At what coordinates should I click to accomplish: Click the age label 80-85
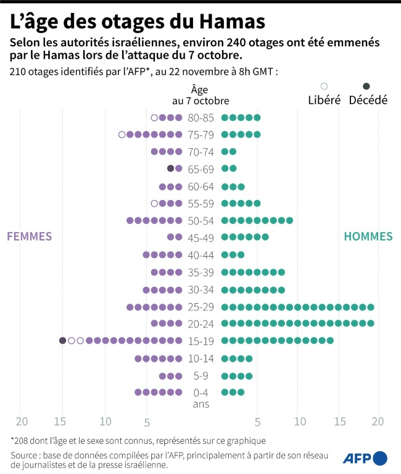click(x=201, y=117)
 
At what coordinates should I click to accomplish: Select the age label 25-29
click(x=201, y=307)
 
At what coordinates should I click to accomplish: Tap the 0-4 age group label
click(x=201, y=392)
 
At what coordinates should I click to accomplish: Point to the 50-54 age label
click(x=201, y=220)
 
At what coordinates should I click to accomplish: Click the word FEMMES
click(x=29, y=236)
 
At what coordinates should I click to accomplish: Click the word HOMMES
click(x=368, y=236)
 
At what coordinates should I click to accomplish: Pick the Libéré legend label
click(x=324, y=100)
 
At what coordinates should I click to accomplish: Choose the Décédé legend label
click(x=368, y=100)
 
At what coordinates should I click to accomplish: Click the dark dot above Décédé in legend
click(x=366, y=86)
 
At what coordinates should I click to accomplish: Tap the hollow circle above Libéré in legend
click(x=324, y=86)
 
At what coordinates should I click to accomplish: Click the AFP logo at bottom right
click(x=369, y=458)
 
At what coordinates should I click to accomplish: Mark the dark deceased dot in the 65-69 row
click(x=171, y=168)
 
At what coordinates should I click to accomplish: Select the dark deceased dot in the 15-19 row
click(x=62, y=340)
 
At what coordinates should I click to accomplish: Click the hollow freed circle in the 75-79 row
click(x=122, y=134)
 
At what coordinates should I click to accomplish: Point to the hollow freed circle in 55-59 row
click(x=154, y=203)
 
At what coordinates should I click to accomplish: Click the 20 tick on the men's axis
click(x=378, y=422)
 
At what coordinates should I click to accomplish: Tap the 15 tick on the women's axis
click(x=60, y=422)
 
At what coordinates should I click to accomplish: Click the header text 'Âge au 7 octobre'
click(x=200, y=94)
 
